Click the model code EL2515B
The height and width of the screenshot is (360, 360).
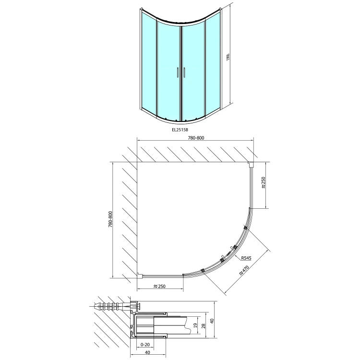(180, 130)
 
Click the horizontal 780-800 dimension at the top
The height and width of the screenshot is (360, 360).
(196, 138)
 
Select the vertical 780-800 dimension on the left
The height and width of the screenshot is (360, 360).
(110, 219)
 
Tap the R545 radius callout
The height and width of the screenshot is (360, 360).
(246, 258)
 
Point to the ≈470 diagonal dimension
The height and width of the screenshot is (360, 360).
(244, 270)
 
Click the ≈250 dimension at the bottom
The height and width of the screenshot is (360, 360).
(159, 286)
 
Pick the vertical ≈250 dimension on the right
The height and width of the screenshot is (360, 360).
(263, 183)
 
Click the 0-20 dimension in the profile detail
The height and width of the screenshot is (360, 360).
(145, 345)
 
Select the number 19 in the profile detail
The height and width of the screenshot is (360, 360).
(195, 325)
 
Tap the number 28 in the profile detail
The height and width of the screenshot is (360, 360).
(204, 326)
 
